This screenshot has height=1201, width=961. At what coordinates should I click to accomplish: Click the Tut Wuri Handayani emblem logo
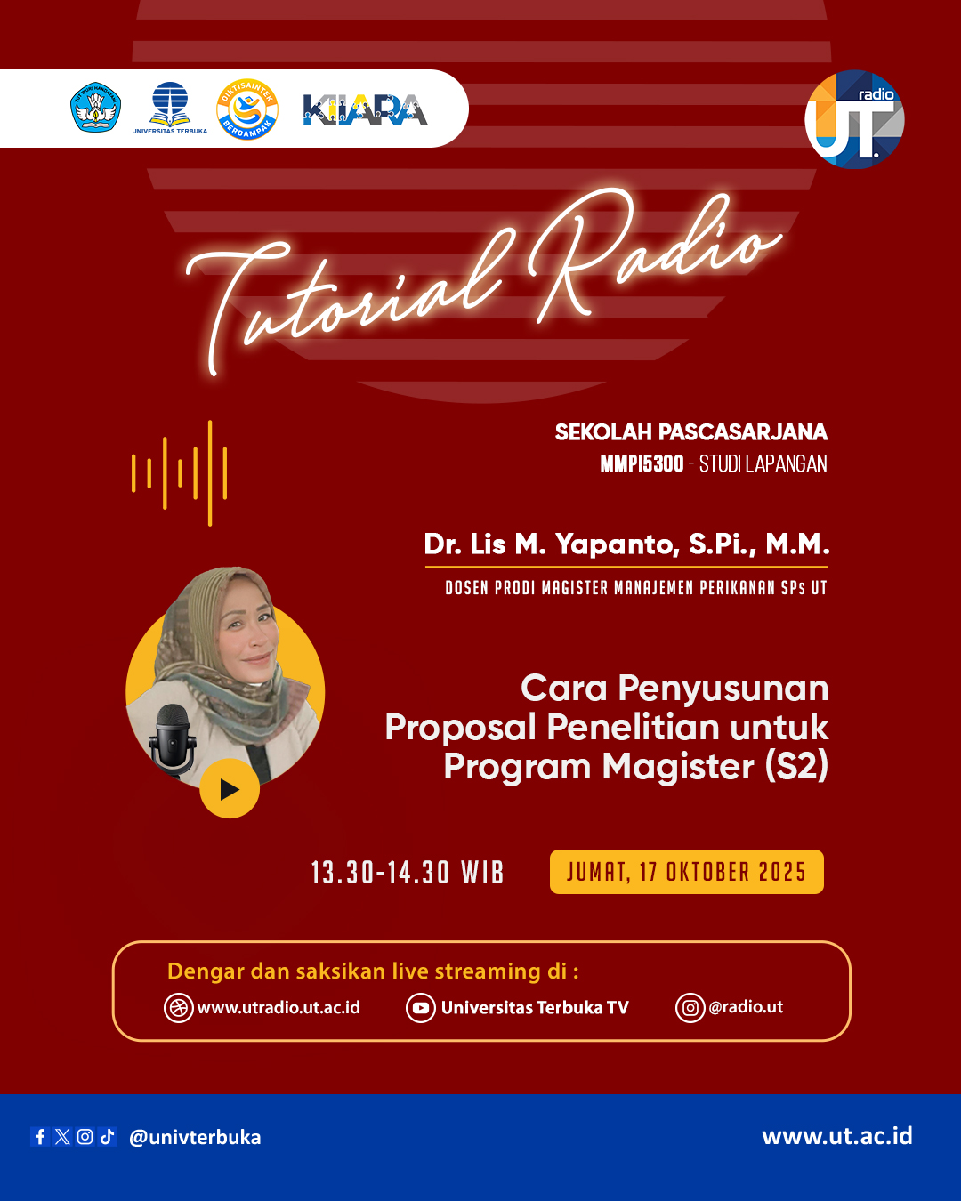point(95,107)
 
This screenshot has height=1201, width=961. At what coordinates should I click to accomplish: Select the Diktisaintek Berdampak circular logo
point(246,109)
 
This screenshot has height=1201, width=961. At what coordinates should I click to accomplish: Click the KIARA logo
point(365,109)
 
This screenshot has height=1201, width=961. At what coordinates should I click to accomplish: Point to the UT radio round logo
point(854,119)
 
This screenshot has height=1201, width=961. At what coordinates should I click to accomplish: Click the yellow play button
point(230,788)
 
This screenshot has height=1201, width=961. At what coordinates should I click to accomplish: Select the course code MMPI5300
point(642,463)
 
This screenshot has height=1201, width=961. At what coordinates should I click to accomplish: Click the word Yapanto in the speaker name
point(617,544)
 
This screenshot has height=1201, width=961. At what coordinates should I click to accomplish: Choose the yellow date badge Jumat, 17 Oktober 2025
point(686,872)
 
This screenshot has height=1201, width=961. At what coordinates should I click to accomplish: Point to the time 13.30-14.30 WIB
point(408,873)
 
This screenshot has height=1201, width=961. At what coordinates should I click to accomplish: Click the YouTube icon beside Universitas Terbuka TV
point(421,1007)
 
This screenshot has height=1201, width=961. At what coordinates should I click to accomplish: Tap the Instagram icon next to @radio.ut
point(690,1007)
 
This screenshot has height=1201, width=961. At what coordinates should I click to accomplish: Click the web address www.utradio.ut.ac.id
point(279,1007)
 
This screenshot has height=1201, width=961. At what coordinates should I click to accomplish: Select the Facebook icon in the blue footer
point(40,1136)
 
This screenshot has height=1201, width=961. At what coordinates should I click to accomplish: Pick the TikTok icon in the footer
point(107,1136)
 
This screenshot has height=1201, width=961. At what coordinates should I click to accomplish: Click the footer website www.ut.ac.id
point(837,1136)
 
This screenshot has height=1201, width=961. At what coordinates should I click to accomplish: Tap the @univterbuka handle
point(195,1137)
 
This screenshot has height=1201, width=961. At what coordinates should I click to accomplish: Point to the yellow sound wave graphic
point(179,473)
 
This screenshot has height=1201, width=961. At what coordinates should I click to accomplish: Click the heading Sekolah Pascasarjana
point(691,432)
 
